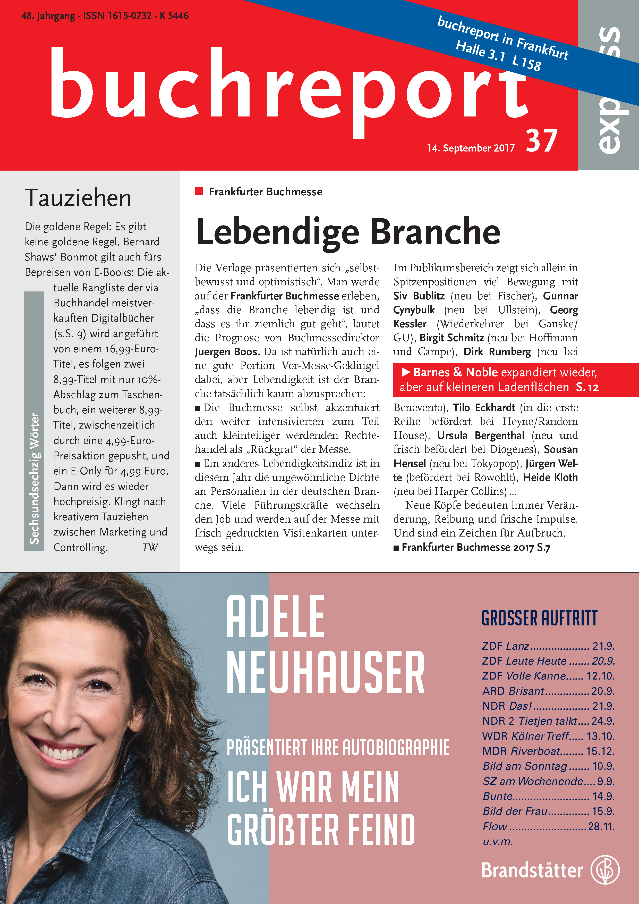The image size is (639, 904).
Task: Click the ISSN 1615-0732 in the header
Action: (117, 16)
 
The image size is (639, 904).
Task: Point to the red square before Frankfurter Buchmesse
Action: (199, 191)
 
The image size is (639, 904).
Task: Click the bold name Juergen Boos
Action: (227, 351)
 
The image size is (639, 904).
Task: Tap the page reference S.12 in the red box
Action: (587, 387)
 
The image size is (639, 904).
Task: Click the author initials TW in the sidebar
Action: (150, 547)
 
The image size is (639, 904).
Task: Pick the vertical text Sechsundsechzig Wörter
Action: (34, 478)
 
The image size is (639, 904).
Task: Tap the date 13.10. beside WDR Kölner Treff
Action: (600, 736)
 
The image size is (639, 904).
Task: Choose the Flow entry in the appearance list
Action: (495, 826)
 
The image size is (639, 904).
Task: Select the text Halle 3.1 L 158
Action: (498, 55)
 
